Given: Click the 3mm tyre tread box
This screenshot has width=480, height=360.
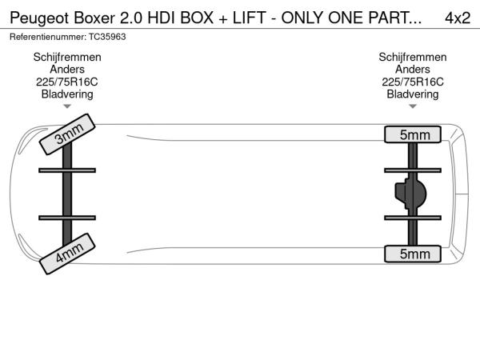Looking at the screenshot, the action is tap(67, 134).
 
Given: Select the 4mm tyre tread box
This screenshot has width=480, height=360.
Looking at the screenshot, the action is tap(67, 254).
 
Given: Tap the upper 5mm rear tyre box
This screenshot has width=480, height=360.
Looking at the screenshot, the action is tap(413, 134).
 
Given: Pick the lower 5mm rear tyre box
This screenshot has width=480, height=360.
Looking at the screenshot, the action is tap(413, 254).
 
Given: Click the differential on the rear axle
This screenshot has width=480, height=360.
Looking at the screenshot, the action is tap(410, 194).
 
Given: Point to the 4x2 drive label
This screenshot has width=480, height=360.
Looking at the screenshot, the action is tap(458, 18).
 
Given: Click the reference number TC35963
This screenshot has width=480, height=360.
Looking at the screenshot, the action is tap(107, 37).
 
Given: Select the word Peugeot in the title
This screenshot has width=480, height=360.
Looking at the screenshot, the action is tap(39, 18).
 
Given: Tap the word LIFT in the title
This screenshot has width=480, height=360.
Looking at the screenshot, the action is tap(249, 18).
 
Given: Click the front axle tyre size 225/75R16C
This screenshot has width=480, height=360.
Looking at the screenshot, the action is tap(67, 82).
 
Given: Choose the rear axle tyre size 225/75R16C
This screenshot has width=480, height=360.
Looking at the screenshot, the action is tap(413, 82).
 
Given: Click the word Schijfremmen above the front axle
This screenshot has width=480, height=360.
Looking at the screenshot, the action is tap(67, 57).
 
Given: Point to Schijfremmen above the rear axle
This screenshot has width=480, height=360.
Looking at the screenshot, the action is tap(413, 57).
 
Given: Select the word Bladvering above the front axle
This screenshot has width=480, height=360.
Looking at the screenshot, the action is tap(67, 94).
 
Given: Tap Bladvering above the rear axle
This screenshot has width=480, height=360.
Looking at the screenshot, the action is tap(413, 94).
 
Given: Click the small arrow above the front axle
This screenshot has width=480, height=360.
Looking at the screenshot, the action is tap(67, 106).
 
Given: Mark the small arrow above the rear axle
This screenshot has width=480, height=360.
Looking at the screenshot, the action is tap(413, 106).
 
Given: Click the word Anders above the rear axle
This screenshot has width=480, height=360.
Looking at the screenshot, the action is tap(413, 69).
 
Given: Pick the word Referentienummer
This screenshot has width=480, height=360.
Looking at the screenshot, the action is tap(48, 37).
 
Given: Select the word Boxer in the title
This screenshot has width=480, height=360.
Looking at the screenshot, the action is tap(94, 18).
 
